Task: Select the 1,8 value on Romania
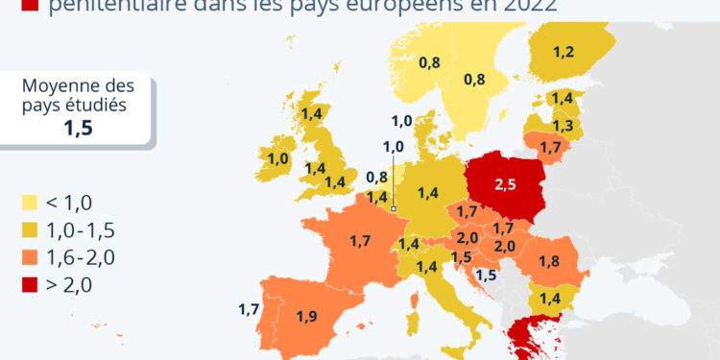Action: tap(549, 262)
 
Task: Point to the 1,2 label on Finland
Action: tap(564, 53)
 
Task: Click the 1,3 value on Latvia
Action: tap(563, 126)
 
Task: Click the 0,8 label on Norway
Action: tap(429, 63)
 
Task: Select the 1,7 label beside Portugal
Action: tap(249, 309)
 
